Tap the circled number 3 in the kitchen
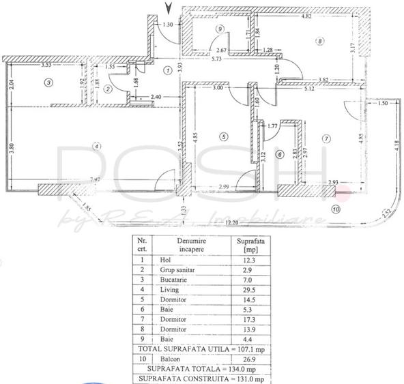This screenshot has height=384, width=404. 47,83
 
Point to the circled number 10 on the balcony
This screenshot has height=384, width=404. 335,209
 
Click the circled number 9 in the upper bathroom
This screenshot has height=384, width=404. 219,29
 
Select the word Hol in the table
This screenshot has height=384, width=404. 164,260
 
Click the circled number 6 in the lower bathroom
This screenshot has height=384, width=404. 279,155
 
